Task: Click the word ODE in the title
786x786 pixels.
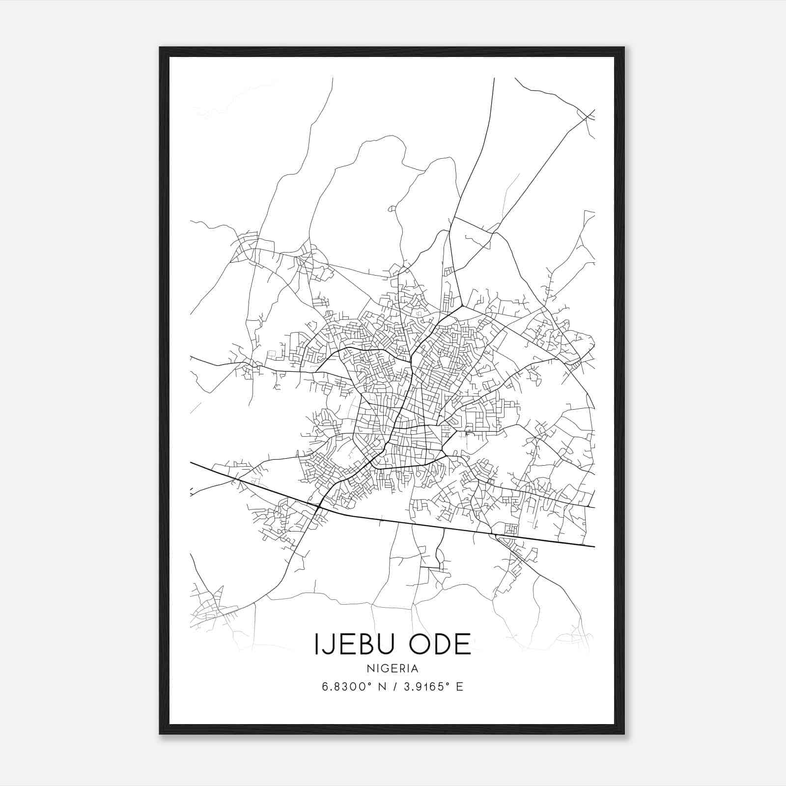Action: pos(441,644)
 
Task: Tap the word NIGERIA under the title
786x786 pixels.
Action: pos(392,669)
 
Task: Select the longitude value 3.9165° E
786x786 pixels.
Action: pos(432,687)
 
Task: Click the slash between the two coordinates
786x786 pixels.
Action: pos(393,687)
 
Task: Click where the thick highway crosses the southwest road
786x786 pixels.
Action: pos(319,506)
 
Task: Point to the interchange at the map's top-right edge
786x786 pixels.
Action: pos(589,116)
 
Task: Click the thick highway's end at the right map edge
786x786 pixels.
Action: pos(594,546)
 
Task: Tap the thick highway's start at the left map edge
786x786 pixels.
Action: pos(191,462)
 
